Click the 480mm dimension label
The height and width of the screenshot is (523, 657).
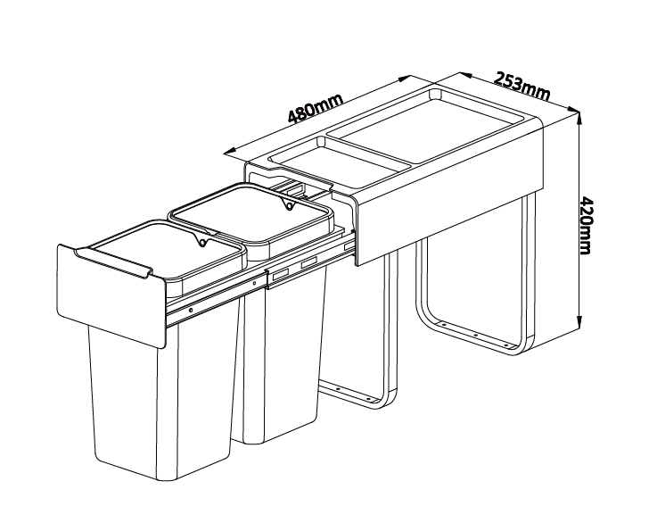pos(316,108)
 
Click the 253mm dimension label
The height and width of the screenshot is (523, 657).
pos(521,87)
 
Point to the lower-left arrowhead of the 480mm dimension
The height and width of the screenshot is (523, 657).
pos(229,153)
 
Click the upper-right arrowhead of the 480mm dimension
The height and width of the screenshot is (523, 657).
pos(404,79)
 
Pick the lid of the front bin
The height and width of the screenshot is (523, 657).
pos(168,251)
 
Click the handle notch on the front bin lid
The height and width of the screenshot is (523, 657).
pos(201,241)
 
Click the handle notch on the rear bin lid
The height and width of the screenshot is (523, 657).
pos(288,204)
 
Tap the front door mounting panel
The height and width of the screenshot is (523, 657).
pos(111,295)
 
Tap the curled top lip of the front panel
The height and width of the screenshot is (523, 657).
pos(112,261)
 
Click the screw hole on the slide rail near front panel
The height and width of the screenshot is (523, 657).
pos(191,311)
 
